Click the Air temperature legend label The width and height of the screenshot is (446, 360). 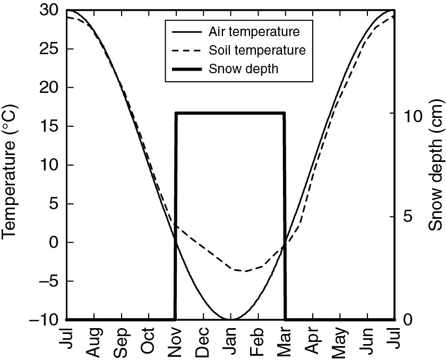pos(254,31)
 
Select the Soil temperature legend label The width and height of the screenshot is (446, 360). pos(257,50)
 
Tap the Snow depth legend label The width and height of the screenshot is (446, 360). pos(243,69)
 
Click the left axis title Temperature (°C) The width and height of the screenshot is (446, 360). pos(12,164)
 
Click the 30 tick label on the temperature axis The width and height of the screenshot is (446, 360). pos(49,10)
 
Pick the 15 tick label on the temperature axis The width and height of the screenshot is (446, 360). pos(49,126)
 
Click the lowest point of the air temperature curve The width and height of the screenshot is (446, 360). pos(230,319)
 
